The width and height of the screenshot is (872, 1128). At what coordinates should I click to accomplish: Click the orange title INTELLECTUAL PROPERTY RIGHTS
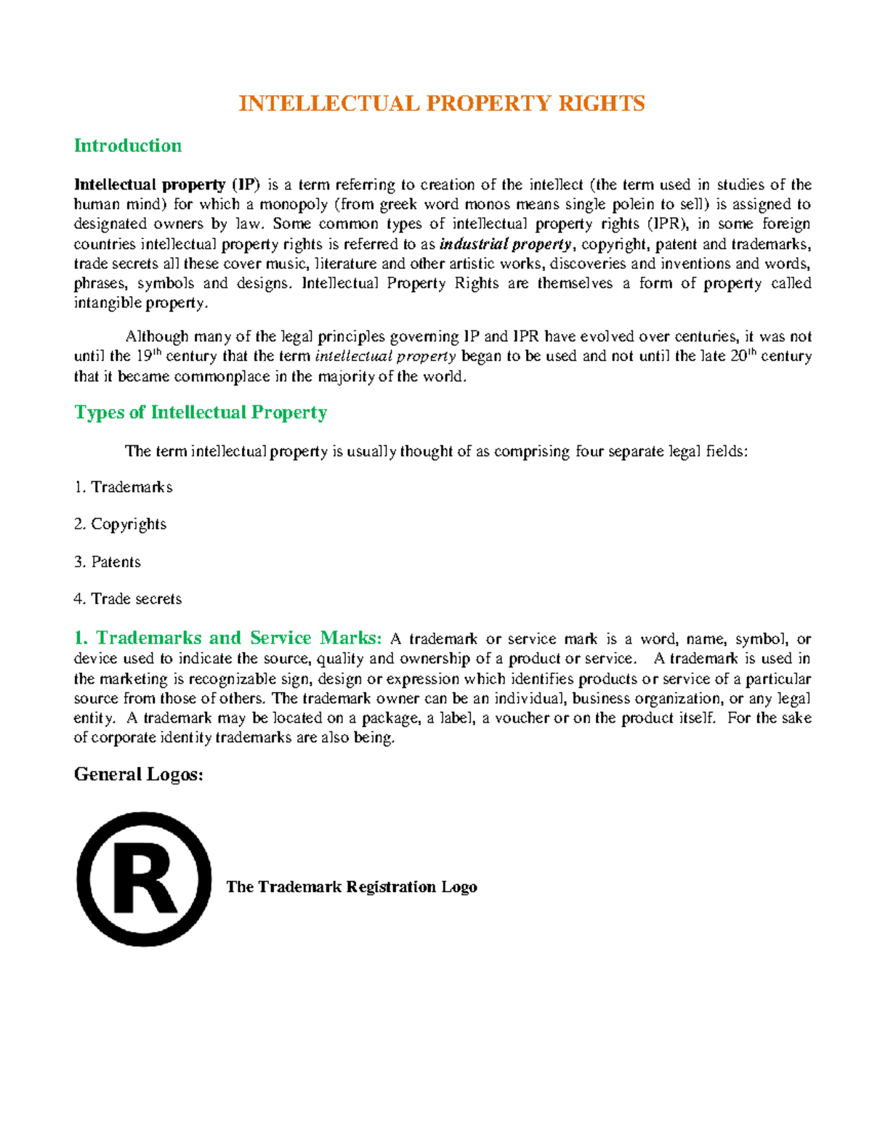[x=442, y=104]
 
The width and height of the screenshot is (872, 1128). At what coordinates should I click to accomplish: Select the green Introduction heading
[x=128, y=146]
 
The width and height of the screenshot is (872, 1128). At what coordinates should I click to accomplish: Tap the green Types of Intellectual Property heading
[x=201, y=413]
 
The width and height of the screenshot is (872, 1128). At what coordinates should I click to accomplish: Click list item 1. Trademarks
[x=124, y=487]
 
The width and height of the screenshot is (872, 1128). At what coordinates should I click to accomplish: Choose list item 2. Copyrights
[x=121, y=524]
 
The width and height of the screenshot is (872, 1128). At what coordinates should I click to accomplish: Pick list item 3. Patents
[x=108, y=562]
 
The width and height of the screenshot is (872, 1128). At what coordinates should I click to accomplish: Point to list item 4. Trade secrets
[x=128, y=599]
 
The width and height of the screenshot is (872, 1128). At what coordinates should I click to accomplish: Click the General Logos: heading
[x=138, y=774]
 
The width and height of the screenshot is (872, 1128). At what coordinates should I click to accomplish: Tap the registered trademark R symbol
[x=144, y=879]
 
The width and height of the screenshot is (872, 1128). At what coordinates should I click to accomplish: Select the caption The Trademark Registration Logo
[x=352, y=887]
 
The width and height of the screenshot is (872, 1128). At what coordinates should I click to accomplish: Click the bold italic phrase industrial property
[x=506, y=244]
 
